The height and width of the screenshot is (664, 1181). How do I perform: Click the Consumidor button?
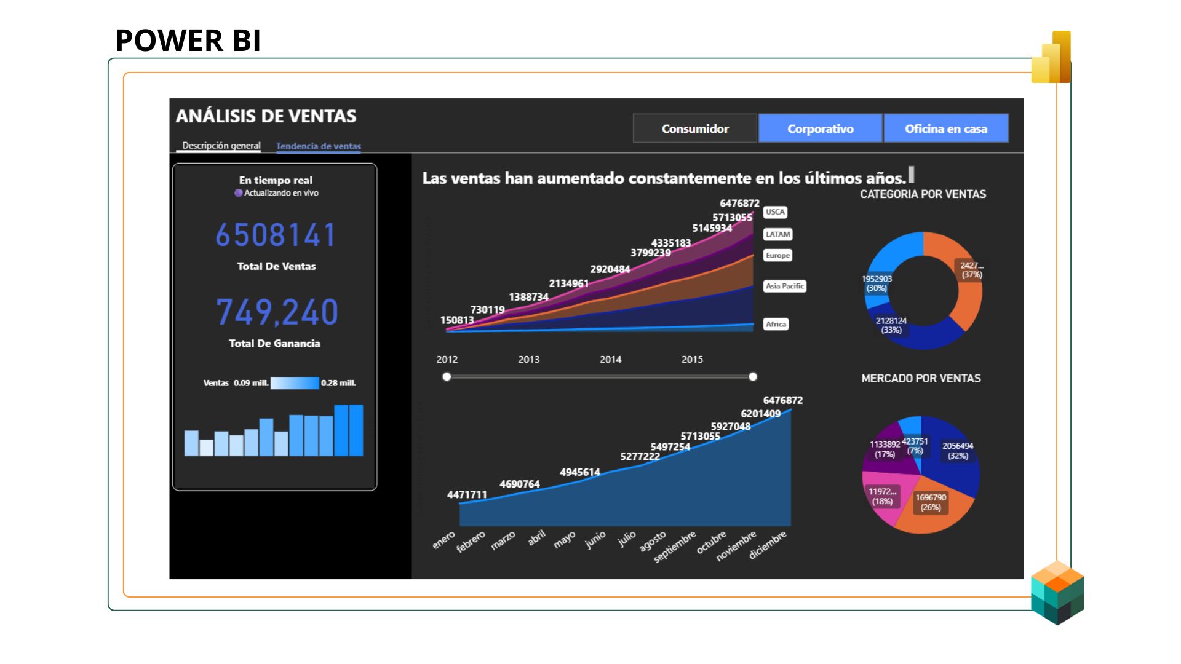point(694,128)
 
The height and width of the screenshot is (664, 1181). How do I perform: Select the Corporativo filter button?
point(820,128)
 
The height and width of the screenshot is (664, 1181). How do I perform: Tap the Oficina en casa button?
point(945,128)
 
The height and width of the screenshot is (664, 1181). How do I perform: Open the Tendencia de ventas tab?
point(318,146)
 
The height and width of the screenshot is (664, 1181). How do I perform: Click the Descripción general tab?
point(221,146)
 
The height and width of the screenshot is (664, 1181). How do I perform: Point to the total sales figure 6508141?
point(276,235)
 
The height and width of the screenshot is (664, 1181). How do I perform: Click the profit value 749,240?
point(277,312)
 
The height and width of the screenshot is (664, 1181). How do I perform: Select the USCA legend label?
point(775,212)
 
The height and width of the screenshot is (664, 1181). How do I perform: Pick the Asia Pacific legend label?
point(784,286)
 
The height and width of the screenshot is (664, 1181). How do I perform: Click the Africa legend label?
point(776,324)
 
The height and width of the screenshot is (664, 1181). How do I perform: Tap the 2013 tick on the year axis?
point(528,359)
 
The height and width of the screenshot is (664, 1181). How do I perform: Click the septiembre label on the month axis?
point(675,546)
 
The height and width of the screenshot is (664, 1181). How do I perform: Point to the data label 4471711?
point(467,494)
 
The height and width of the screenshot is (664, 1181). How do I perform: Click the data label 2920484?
point(610,269)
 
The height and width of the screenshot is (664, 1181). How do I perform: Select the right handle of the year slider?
point(753,377)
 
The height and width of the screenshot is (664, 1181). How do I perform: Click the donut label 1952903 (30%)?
point(877,283)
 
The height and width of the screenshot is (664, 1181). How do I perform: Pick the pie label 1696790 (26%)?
point(931,502)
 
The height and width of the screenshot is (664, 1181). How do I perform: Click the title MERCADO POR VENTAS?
point(921,378)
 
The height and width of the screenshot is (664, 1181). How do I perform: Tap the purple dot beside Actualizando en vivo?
point(239,193)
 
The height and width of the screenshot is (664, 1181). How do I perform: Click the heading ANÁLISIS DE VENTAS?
point(266,116)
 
